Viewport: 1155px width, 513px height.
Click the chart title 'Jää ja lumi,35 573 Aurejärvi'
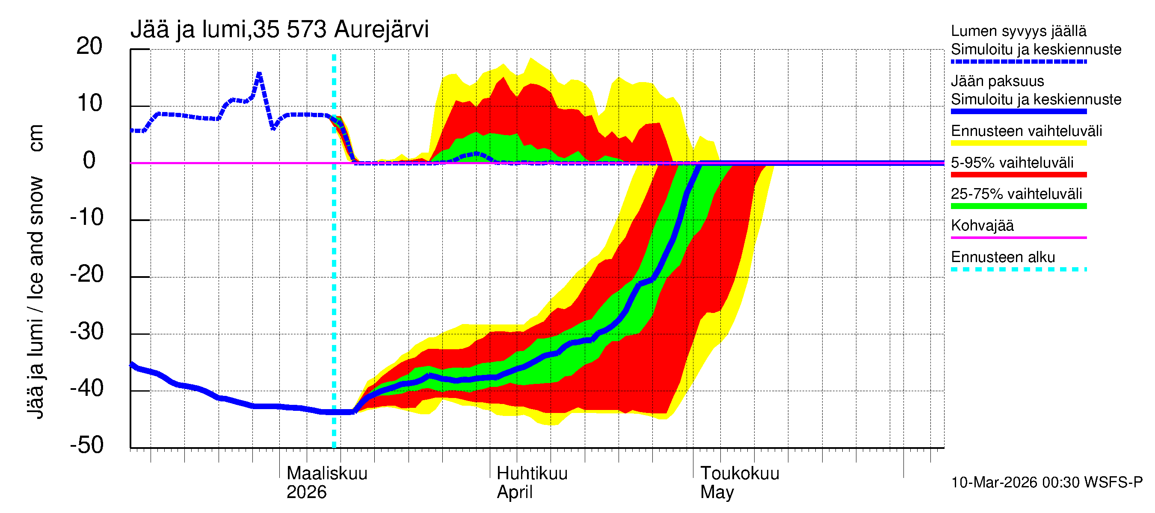pyautogui.click(x=279, y=29)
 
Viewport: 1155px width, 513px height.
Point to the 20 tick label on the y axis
pyautogui.click(x=89, y=46)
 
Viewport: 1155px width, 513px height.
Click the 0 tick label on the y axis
pyautogui.click(x=89, y=160)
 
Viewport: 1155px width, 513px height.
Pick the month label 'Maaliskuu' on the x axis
pyautogui.click(x=327, y=473)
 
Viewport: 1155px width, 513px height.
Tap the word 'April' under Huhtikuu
pyautogui.click(x=514, y=492)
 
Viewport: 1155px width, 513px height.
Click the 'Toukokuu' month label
pyautogui.click(x=740, y=473)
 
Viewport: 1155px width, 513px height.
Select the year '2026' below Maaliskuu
pyautogui.click(x=307, y=492)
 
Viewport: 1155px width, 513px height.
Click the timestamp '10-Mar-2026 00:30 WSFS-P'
pyautogui.click(x=1046, y=483)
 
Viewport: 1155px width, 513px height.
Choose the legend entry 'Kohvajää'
pyautogui.click(x=982, y=225)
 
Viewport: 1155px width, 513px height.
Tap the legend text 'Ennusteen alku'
pyautogui.click(x=1003, y=257)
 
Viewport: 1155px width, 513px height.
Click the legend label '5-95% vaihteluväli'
pyautogui.click(x=1012, y=162)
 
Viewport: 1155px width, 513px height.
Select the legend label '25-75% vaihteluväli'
pyautogui.click(x=1016, y=194)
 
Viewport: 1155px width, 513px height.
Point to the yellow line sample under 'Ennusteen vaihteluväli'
pyautogui.click(x=1018, y=143)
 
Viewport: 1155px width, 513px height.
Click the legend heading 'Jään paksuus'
pyautogui.click(x=997, y=81)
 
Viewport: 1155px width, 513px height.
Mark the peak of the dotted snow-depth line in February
pyautogui.click(x=259, y=74)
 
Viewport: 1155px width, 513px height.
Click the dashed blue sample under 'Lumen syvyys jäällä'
pyautogui.click(x=1018, y=62)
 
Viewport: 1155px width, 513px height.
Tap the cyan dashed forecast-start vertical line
pyautogui.click(x=334, y=269)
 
